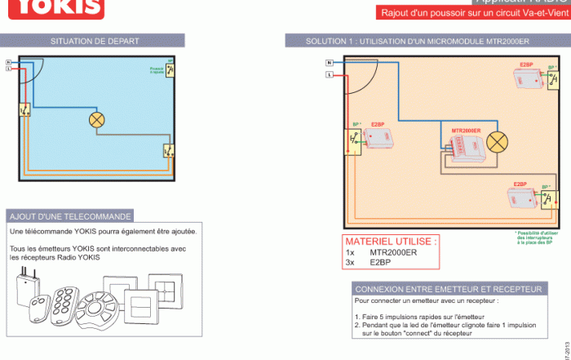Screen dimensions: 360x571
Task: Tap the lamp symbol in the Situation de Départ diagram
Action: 97,120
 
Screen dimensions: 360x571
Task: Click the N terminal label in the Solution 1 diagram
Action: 329,63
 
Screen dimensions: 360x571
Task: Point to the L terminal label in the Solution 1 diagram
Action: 329,74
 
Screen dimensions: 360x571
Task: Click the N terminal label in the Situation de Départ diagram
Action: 8,62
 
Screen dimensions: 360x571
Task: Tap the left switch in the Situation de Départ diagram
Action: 24,109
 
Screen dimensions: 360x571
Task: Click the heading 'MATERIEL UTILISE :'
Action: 391,242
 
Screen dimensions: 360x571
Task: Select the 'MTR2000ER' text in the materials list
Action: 393,252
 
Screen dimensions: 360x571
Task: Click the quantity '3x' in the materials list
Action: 351,263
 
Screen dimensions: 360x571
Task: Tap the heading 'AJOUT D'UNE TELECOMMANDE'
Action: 69,216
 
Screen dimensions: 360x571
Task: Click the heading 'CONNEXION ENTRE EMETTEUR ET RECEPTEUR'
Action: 449,289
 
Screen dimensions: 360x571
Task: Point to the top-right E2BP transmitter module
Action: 529,78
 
